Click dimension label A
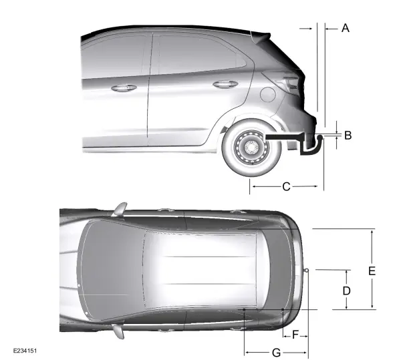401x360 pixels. pos(346,28)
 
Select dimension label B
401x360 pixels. pos(348,135)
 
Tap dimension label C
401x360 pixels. pos(286,187)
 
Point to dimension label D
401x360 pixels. pos(346,291)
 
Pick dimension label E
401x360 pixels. pos(372,271)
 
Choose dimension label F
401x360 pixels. pos(295,335)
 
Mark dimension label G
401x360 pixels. pos(276,353)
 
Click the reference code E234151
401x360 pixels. pos(25,351)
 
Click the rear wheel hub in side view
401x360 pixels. pos(251,148)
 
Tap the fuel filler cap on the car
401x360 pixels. pos(268,94)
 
